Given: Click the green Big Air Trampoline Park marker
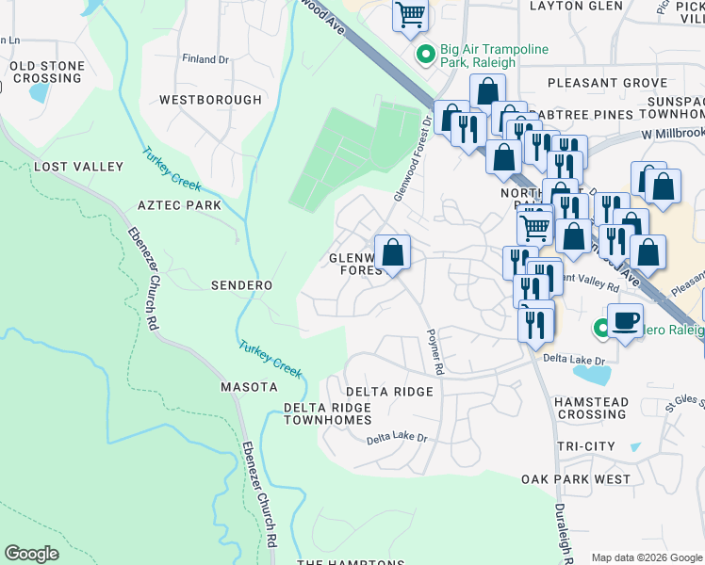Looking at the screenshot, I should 425,56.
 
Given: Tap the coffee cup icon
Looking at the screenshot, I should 625,319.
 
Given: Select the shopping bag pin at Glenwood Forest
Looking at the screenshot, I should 392,252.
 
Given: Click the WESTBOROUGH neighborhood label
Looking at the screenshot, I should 210,100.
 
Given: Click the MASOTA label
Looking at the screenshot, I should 249,387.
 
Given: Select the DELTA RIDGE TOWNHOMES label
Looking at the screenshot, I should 328,413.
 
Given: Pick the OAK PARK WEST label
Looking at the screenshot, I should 576,479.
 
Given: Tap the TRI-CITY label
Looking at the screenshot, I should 585,446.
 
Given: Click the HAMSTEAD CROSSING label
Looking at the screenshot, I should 591,408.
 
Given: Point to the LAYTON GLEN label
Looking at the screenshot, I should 576,6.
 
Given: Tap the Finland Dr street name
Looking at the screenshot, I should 205,59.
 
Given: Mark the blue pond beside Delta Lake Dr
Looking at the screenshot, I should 590,375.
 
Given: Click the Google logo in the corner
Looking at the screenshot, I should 31,554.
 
